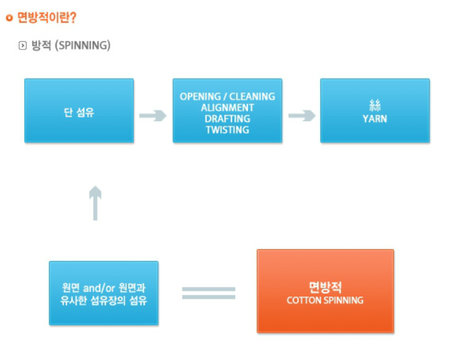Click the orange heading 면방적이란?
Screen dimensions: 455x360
(47, 17)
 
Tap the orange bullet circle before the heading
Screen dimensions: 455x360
(10, 18)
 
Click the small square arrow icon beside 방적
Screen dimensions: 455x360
(22, 46)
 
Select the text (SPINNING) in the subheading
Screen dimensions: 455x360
(82, 45)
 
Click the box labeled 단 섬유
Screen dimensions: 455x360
(79, 110)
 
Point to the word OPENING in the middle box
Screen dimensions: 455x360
(201, 97)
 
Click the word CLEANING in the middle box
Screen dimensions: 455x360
(252, 97)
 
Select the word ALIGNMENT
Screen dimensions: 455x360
(227, 108)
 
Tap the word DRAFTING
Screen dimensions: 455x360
(227, 119)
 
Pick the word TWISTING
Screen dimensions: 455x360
(227, 130)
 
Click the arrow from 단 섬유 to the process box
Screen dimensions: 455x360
(153, 116)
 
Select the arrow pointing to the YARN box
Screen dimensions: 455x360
(302, 116)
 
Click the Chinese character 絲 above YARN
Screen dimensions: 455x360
(375, 105)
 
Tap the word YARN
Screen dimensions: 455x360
(375, 119)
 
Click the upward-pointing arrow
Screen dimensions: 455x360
(95, 203)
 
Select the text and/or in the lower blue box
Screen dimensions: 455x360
(99, 288)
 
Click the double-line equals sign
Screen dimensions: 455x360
(209, 293)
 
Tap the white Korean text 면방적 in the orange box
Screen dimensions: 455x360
(326, 288)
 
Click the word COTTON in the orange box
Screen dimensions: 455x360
(301, 300)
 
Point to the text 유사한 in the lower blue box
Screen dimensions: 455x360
(74, 300)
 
